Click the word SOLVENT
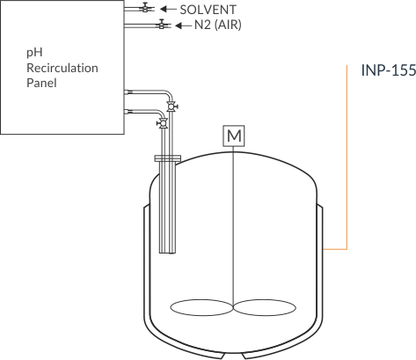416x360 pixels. (208, 10)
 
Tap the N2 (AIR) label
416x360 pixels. (218, 25)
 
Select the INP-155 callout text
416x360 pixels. (389, 70)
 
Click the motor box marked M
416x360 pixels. (234, 136)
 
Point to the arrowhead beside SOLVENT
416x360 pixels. (164, 10)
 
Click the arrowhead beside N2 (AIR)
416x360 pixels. (179, 26)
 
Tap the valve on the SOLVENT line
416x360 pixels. (145, 8)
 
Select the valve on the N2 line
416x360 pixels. (161, 25)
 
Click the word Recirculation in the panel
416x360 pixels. (62, 68)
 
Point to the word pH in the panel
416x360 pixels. (34, 53)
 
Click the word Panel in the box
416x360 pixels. (41, 83)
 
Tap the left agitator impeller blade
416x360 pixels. (201, 307)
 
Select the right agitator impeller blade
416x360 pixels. (265, 307)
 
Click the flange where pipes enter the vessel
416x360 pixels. (168, 158)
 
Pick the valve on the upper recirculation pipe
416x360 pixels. (172, 107)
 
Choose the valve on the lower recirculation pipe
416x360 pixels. (162, 123)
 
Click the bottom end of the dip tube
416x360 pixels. (167, 253)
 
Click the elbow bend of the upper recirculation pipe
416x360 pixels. (169, 93)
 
